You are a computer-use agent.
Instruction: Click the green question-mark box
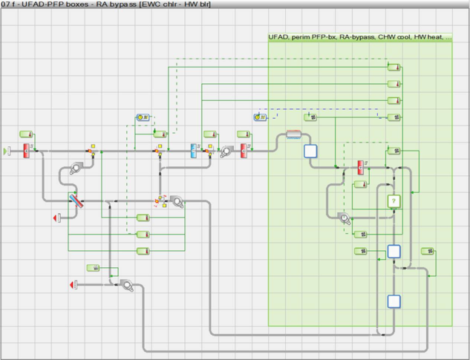[x=394, y=201]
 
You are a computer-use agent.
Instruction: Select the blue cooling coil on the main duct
[x=193, y=151]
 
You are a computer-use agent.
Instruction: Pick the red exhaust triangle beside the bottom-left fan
[x=74, y=284]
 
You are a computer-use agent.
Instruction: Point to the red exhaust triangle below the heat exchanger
[x=56, y=217]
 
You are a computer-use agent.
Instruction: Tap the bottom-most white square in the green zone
[x=394, y=301]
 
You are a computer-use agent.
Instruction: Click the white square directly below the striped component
[x=310, y=151]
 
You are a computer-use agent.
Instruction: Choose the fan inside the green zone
[x=344, y=217]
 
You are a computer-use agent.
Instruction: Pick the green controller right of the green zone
[x=428, y=251]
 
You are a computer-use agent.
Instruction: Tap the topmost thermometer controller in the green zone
[x=394, y=67]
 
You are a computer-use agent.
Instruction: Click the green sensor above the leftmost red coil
[x=26, y=134]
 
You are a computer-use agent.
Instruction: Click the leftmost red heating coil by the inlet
[x=26, y=151]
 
